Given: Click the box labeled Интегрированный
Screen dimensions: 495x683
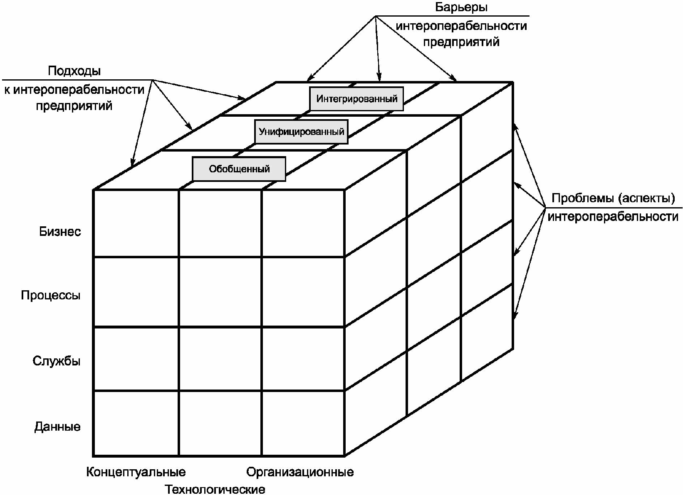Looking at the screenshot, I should [356, 99].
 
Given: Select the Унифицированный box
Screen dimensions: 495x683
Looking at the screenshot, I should [301, 132].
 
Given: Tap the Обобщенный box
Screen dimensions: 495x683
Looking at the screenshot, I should [239, 169].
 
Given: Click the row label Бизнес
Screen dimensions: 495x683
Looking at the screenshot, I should [60, 232].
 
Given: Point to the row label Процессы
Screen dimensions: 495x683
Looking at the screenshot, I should [51, 296].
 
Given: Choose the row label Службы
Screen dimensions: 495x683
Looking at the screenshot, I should [57, 361].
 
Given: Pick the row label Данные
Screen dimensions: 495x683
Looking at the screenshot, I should [57, 427].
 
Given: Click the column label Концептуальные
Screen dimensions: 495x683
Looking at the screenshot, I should [136, 472].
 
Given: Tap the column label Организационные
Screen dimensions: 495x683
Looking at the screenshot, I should [300, 472].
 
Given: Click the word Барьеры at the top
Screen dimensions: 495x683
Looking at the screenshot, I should [461, 7].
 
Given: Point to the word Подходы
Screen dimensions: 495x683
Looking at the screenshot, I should [74, 71].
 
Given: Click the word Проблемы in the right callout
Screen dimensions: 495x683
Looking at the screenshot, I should [582, 198].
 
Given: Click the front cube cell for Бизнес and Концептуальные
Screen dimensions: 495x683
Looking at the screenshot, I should [136, 224].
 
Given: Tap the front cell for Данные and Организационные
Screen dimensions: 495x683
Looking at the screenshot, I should [303, 423].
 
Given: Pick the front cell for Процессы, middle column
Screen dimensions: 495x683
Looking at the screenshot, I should [220, 292].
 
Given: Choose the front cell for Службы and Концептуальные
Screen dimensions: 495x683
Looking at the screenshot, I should [136, 359].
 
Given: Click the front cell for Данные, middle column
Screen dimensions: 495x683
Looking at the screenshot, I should [220, 423].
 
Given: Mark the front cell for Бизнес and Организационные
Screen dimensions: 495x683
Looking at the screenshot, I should [303, 224].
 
